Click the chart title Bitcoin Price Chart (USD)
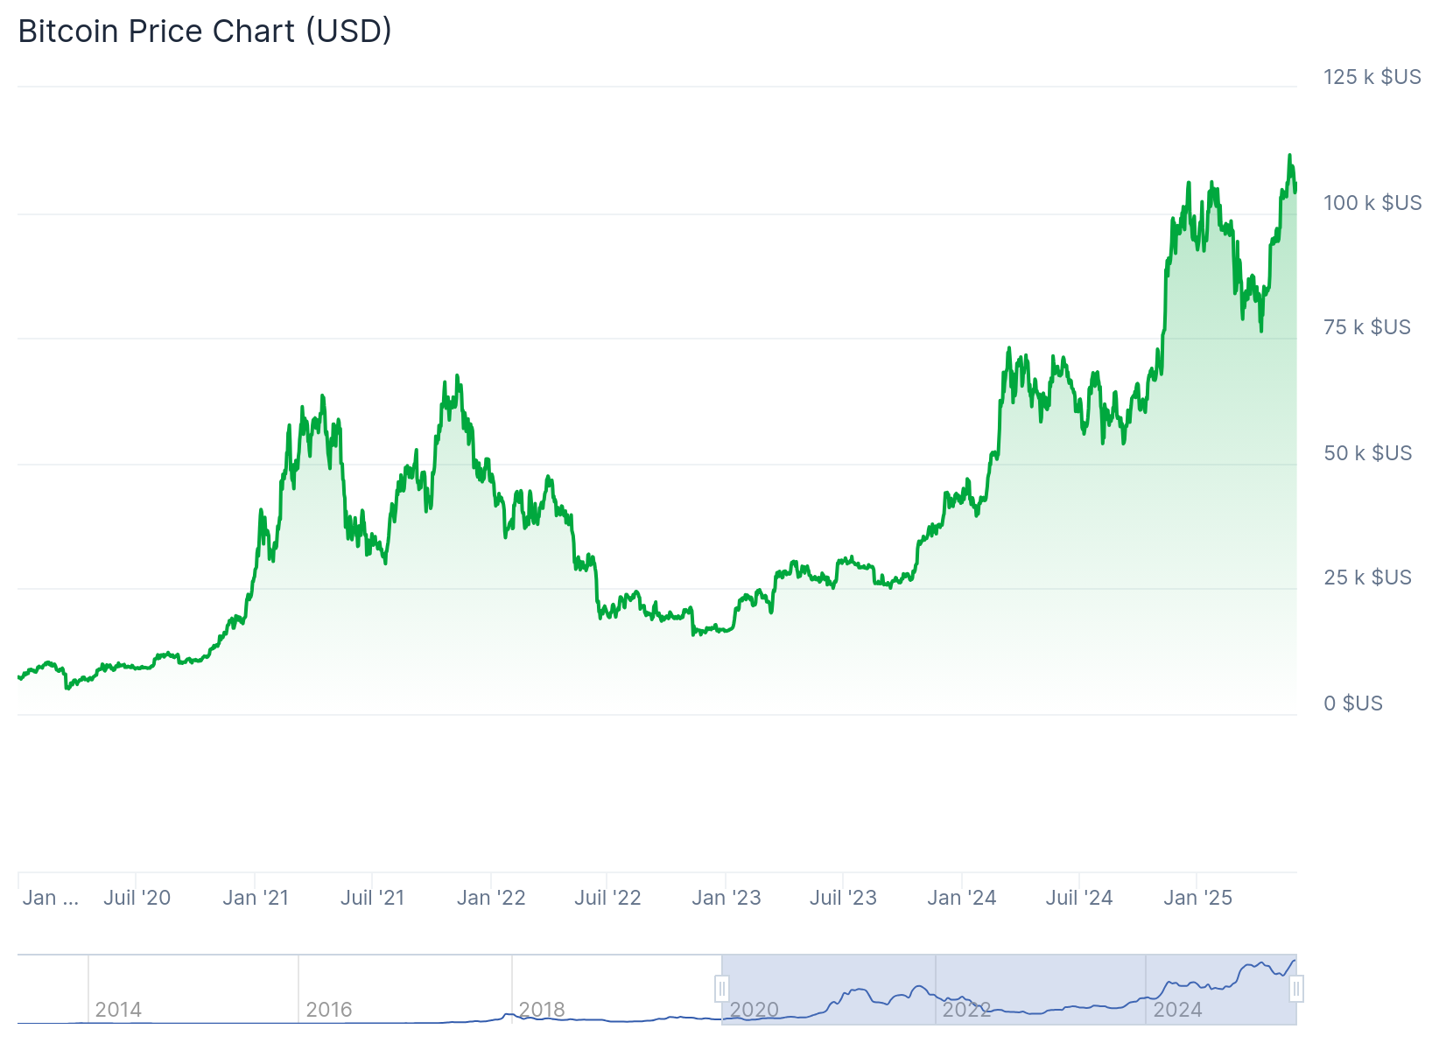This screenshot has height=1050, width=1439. (x=205, y=31)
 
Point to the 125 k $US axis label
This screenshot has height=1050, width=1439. (x=1372, y=77)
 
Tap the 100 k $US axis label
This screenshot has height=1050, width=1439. (x=1372, y=203)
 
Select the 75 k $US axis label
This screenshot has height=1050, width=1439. (x=1366, y=327)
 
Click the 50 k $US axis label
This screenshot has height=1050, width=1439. (x=1367, y=453)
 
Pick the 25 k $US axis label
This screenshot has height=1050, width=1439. (x=1367, y=577)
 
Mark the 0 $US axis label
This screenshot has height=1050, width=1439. (x=1352, y=703)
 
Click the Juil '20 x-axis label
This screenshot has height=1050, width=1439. (x=137, y=898)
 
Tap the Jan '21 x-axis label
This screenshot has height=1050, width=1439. (x=256, y=898)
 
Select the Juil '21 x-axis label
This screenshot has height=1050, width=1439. (x=372, y=898)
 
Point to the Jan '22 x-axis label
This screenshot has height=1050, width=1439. (x=491, y=898)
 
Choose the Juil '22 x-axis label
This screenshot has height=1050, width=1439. (x=607, y=898)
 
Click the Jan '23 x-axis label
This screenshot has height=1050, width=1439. (x=726, y=898)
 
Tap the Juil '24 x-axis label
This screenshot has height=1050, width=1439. (x=1078, y=898)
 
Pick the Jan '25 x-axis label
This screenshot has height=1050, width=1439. (x=1197, y=898)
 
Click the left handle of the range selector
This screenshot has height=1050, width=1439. (x=722, y=990)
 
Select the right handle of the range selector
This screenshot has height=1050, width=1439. (x=1296, y=990)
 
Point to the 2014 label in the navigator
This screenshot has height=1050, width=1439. (x=118, y=1010)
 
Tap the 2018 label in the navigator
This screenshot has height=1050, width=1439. (x=542, y=1010)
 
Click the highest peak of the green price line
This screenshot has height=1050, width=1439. (x=1289, y=156)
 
